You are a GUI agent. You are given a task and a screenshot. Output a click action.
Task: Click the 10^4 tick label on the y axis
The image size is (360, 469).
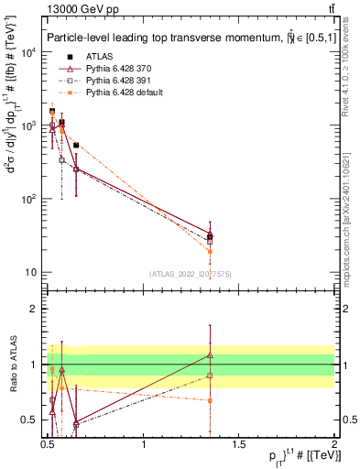[29, 52]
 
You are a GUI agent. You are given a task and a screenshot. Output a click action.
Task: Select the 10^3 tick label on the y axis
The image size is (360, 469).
[29, 125]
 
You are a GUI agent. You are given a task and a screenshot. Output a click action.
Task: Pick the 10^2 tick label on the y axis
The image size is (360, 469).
[29, 199]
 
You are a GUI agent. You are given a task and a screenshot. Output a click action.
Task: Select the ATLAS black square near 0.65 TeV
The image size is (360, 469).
[76, 145]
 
